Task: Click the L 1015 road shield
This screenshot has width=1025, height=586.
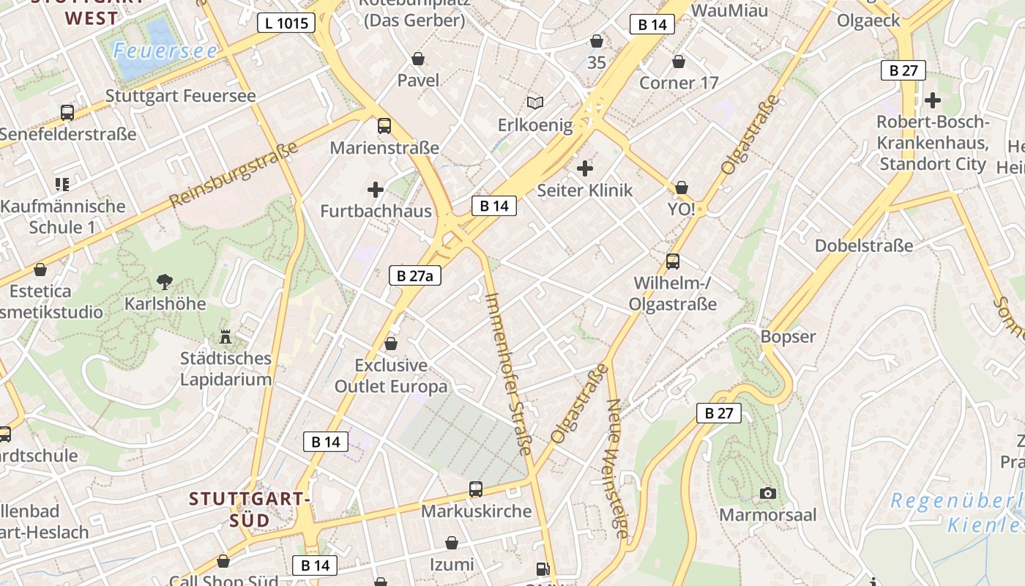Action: coord(286,23)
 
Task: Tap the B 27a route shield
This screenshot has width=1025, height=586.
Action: coord(414,275)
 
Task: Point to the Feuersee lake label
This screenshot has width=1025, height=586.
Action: coord(165,51)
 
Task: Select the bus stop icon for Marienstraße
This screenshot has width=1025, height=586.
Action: coord(384,126)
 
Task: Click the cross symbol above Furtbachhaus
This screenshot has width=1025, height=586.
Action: coord(376,190)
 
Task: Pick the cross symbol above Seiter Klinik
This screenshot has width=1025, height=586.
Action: coord(584,169)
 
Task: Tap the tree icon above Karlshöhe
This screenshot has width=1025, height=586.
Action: coord(165,281)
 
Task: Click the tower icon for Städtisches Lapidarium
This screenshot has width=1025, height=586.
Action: coord(225,337)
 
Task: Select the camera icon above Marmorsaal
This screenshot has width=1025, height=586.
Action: coord(767,493)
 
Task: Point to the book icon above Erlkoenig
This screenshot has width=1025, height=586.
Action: coord(535,103)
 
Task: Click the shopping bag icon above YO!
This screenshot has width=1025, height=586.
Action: coord(682,188)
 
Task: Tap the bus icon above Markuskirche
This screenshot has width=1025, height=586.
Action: coord(476,489)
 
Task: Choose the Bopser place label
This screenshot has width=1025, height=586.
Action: coord(788,336)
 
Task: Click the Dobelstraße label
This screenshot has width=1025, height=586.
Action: coord(864,245)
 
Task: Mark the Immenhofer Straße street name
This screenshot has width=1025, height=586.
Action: coord(508,373)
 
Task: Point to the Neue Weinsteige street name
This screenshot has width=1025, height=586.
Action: coord(617,469)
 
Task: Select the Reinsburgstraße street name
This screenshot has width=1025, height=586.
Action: coord(234,174)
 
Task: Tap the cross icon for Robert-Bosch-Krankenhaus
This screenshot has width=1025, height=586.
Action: coord(932,100)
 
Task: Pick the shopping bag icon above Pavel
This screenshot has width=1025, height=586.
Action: coord(418,59)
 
